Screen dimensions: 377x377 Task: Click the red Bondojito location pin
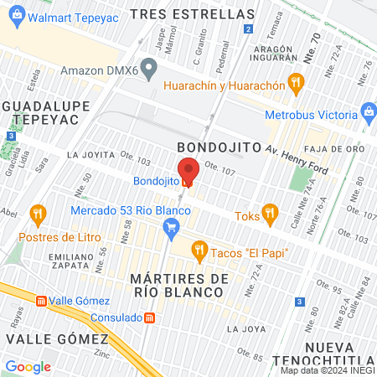point(188,171)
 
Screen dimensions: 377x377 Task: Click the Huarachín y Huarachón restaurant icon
point(294,82)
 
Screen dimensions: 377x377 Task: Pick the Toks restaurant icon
point(268,213)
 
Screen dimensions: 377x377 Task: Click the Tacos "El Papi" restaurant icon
point(199,249)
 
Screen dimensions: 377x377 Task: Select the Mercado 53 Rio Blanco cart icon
point(172,226)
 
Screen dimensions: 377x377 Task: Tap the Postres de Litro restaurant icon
point(37,214)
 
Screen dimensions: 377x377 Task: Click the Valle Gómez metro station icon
point(40,301)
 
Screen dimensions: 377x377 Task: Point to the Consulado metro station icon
point(149,318)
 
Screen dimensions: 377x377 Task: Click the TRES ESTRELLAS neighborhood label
point(193,14)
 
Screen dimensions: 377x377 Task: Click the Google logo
point(28,366)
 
